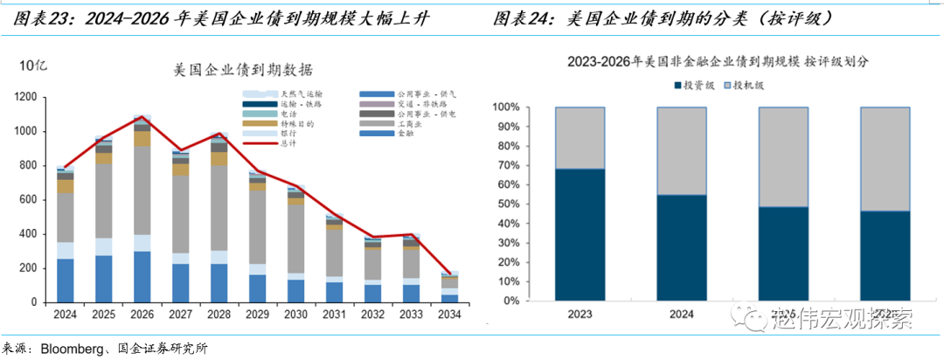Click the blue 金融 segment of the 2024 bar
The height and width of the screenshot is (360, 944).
65,280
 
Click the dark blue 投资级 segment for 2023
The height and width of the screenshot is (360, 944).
580,234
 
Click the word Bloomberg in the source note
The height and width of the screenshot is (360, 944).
73,350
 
